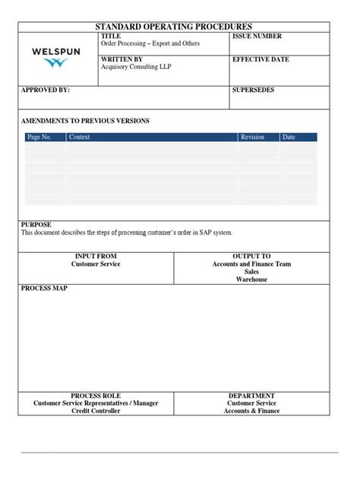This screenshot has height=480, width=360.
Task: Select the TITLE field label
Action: [111, 36]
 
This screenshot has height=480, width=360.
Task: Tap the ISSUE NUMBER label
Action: [257, 36]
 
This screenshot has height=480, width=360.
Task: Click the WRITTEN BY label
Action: [122, 58]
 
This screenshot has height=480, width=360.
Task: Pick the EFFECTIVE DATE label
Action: [261, 58]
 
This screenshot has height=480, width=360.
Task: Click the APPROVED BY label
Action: [45, 90]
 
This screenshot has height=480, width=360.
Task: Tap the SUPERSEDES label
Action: [254, 90]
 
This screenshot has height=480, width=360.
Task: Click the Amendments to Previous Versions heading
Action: [85, 121]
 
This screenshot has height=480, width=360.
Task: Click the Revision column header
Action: [252, 137]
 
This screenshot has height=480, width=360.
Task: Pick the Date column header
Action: [289, 137]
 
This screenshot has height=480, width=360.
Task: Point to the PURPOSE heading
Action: [36, 225]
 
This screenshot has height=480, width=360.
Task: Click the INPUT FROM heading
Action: [96, 257]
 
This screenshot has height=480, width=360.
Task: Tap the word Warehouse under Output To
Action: [251, 279]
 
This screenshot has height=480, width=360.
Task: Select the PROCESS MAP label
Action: [45, 289]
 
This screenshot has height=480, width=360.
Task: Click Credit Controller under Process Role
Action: [96, 411]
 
